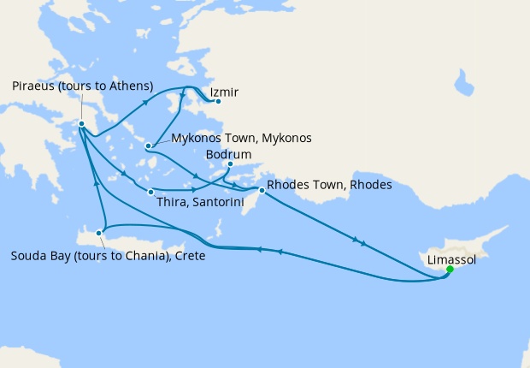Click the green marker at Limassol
coord(450,270)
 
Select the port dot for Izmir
coord(218,102)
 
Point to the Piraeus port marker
coord(81,124)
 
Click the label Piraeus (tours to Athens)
coord(83,86)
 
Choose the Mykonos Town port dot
coord(149,145)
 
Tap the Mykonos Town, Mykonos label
coord(241,138)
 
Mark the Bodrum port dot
coord(230,164)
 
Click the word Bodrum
coord(227,155)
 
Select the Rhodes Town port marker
coord(262,191)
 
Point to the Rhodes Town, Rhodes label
coord(329,185)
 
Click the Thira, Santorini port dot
coord(150,192)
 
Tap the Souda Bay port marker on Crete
coord(100,232)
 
